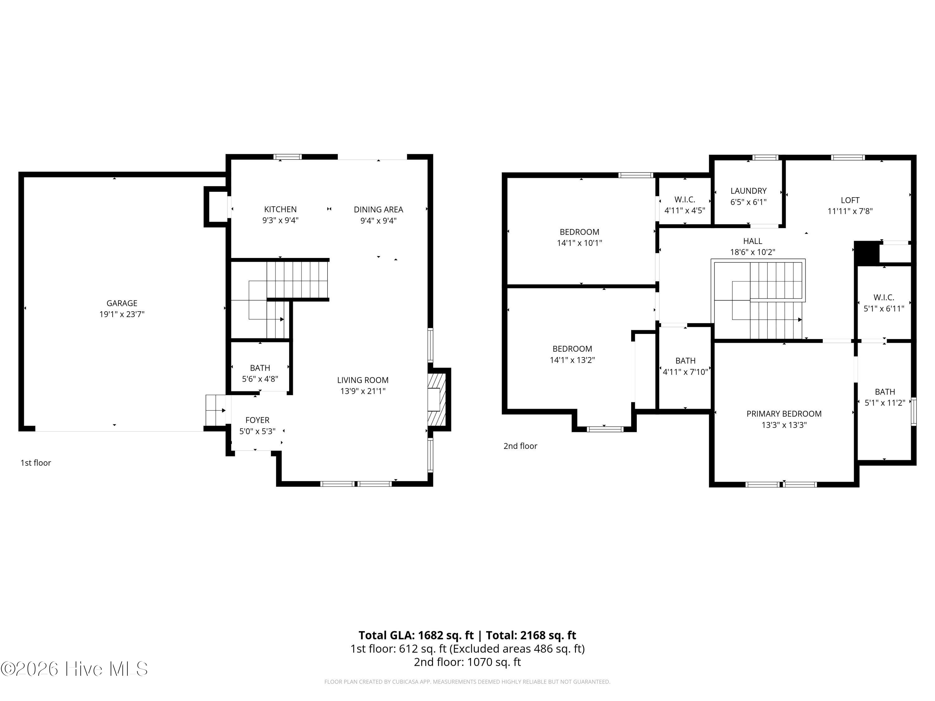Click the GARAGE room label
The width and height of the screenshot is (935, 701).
point(122,303)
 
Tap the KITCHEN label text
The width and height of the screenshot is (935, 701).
point(280,209)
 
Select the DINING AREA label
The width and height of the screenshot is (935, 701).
point(378,210)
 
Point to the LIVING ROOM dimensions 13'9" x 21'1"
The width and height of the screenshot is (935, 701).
point(363,391)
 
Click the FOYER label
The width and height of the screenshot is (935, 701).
point(257,420)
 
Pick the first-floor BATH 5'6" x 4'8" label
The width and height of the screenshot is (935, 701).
point(260,373)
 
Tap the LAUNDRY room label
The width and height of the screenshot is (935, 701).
point(748,191)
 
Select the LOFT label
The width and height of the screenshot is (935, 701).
point(850,200)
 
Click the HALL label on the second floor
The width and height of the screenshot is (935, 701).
point(752,241)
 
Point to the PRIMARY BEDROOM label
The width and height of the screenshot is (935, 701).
point(784,414)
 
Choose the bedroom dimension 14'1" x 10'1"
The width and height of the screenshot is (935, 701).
point(579,243)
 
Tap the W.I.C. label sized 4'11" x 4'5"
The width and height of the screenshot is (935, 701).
point(685,205)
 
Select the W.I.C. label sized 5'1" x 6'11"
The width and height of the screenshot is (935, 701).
point(884,303)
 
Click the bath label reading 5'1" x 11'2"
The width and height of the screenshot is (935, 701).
point(885,403)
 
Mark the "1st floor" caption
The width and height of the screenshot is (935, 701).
point(36,463)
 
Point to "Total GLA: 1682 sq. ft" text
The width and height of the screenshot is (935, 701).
point(416,635)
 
